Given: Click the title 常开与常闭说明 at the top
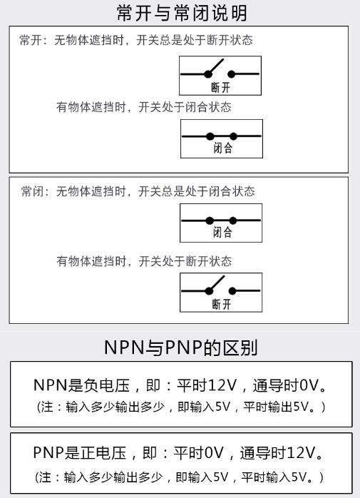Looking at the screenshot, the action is pyautogui.click(x=182, y=13).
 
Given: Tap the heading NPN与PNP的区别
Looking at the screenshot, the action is pyautogui.click(x=180, y=347).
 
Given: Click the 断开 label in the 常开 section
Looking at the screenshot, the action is pyautogui.click(x=221, y=87).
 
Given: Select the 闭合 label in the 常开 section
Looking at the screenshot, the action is pyautogui.click(x=223, y=148).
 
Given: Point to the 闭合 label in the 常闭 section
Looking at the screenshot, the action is pyautogui.click(x=222, y=232).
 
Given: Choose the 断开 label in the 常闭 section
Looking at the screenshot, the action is pyautogui.click(x=221, y=304).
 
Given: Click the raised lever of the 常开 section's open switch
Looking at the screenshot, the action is pyautogui.click(x=216, y=66).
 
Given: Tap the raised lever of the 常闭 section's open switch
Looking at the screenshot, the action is pyautogui.click(x=217, y=283).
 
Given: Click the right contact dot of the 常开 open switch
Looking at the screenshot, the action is pyautogui.click(x=232, y=74).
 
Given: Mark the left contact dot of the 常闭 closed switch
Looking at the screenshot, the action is pyautogui.click(x=210, y=220).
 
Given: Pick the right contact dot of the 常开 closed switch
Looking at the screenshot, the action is pyautogui.click(x=233, y=136).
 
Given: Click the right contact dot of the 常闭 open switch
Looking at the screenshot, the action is pyautogui.click(x=232, y=291).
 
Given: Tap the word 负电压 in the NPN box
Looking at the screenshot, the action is pyautogui.click(x=107, y=385).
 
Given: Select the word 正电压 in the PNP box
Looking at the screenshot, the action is pyautogui.click(x=103, y=453).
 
